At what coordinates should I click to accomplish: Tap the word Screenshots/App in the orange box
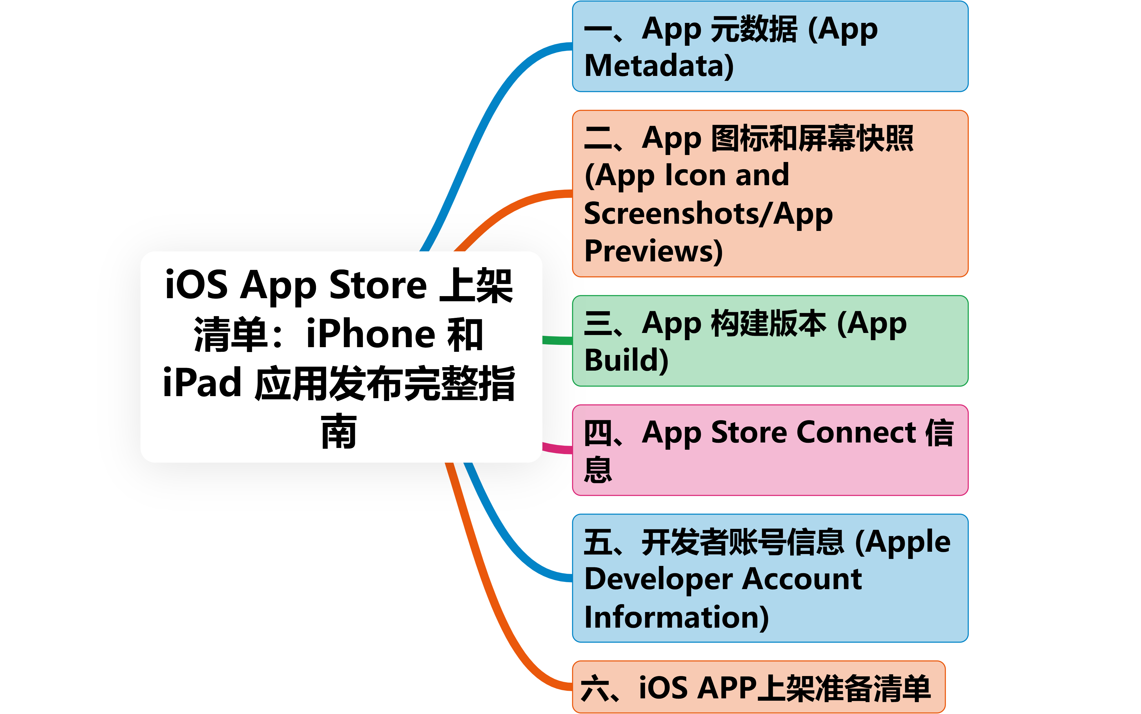708,214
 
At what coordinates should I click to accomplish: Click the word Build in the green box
623,360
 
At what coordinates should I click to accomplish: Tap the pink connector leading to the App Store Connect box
557,449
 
